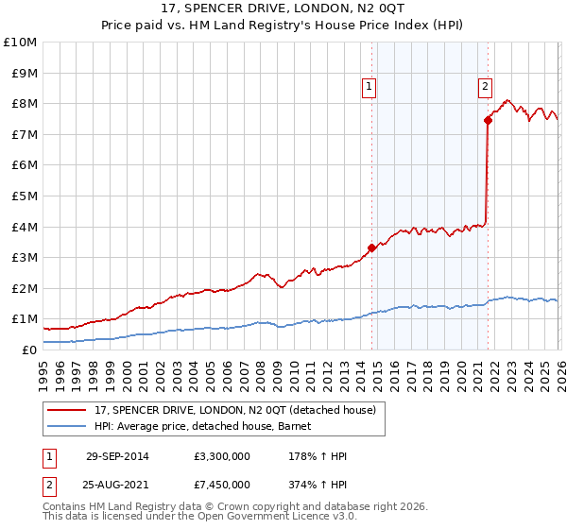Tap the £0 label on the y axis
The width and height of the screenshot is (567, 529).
[28, 350]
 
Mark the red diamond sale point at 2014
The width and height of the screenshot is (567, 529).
[372, 248]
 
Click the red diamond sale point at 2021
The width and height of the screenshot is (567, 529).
[488, 120]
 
